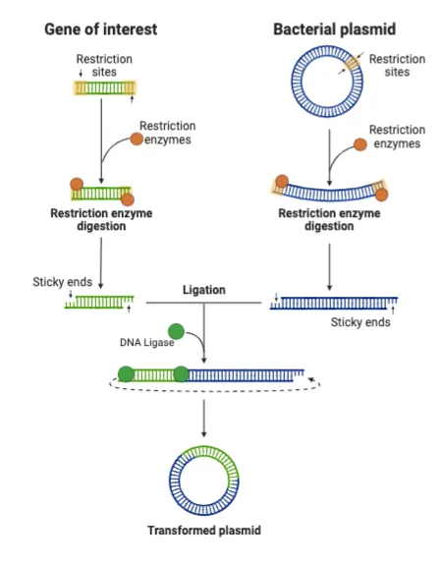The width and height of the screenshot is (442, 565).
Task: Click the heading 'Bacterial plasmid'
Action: pos(333,28)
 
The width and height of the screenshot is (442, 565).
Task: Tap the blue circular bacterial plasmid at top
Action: pos(329,80)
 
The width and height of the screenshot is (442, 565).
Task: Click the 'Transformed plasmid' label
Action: pos(204,531)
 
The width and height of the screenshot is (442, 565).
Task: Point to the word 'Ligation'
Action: pos(204,291)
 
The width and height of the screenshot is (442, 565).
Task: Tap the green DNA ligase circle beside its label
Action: pos(177,331)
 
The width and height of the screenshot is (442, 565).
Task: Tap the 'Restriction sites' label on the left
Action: pos(102,66)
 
